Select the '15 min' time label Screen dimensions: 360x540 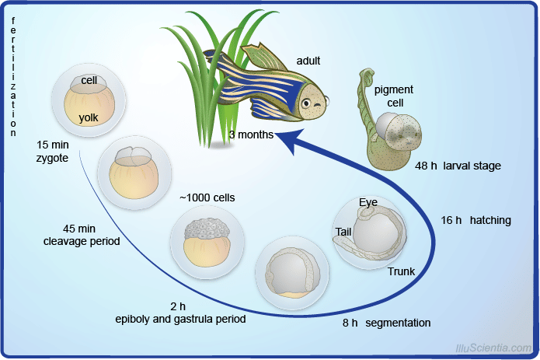click(x=54, y=145)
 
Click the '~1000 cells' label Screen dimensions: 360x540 click(x=207, y=197)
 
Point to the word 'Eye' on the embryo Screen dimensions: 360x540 click(x=368, y=203)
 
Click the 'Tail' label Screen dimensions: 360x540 click(x=344, y=232)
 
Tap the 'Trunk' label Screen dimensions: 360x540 click(x=401, y=271)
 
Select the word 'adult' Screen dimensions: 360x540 click(x=308, y=61)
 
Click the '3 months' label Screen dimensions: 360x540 click(x=251, y=135)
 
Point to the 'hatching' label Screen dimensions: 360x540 click(x=490, y=220)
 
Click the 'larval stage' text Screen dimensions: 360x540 click(x=472, y=166)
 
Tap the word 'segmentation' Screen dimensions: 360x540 click(x=398, y=323)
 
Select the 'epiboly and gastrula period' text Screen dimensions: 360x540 click(x=180, y=319)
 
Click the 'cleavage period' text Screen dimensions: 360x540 click(x=82, y=241)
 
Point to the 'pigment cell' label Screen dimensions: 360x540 click(x=394, y=96)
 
